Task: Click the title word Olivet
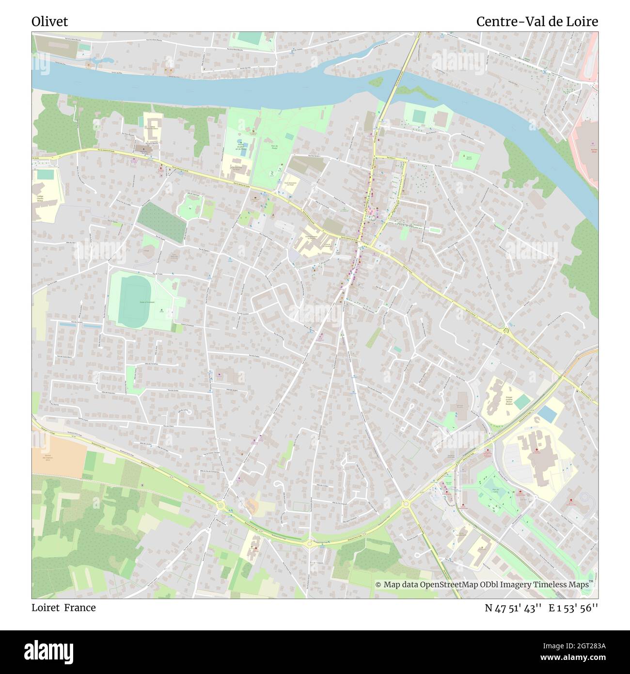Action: pos(49,22)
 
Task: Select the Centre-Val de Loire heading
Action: pos(536,22)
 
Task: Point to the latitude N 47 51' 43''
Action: pos(513,608)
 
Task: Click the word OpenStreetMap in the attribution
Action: pos(449,584)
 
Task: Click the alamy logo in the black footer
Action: pos(48,652)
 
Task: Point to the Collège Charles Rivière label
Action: pos(40,198)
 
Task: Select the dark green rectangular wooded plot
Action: pos(161,222)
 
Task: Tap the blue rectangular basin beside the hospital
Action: pos(547,413)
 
